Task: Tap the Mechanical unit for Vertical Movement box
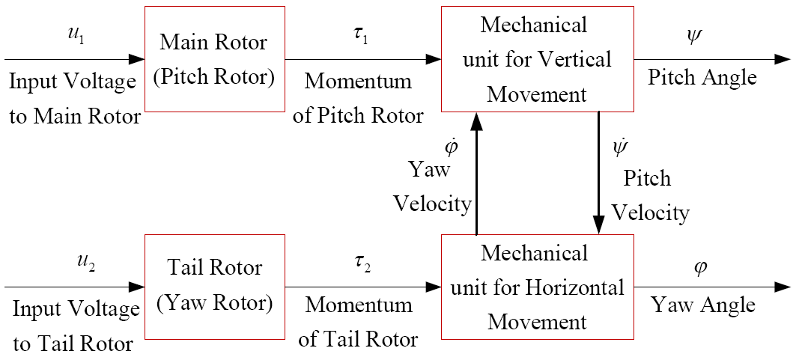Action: pos(534,59)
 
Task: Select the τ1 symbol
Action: pos(362,37)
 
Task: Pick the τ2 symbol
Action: pos(362,263)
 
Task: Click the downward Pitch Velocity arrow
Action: pos(598,172)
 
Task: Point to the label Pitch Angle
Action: pos(702,77)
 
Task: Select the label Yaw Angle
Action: pos(703,305)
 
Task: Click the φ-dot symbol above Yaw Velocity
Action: pos(451,144)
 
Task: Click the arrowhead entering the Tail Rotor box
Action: pos(137,285)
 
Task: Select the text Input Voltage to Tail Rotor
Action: pos(75,326)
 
